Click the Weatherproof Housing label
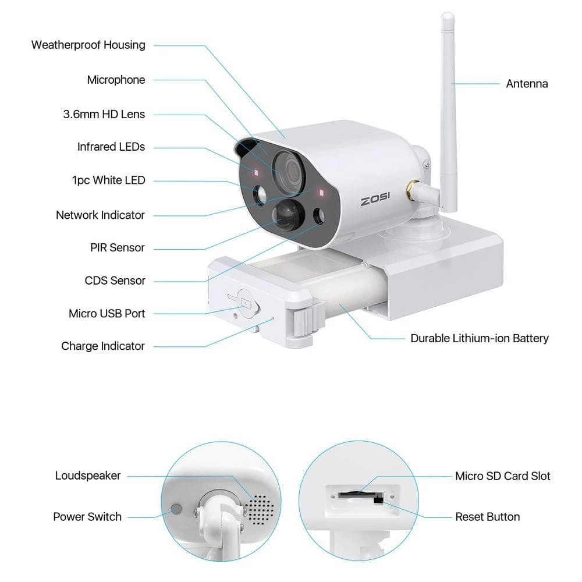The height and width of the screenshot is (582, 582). click(x=88, y=45)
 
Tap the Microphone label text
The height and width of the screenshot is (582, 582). click(x=116, y=80)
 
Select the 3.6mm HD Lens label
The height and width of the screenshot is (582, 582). click(x=104, y=114)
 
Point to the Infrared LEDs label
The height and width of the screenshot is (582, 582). click(x=111, y=147)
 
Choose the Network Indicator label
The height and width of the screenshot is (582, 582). click(x=100, y=215)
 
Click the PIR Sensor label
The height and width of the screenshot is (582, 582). click(x=118, y=248)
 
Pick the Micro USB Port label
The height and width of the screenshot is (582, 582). click(x=107, y=314)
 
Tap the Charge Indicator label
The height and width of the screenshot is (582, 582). click(x=103, y=346)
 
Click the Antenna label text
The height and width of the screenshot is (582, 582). click(x=527, y=84)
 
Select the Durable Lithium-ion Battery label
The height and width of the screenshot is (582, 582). click(x=480, y=338)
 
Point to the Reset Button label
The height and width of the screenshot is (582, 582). click(x=488, y=517)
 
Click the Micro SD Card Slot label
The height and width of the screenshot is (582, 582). click(x=503, y=476)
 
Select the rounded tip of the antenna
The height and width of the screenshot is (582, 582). click(x=447, y=17)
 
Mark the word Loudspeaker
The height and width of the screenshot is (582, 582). click(x=88, y=475)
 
